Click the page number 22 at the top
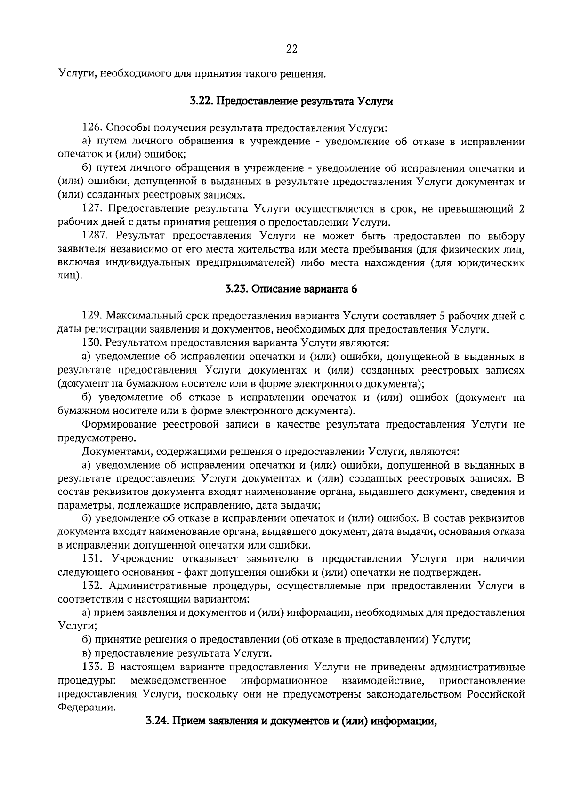(291, 48)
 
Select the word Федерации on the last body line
(86, 708)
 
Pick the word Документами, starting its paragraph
(117, 452)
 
